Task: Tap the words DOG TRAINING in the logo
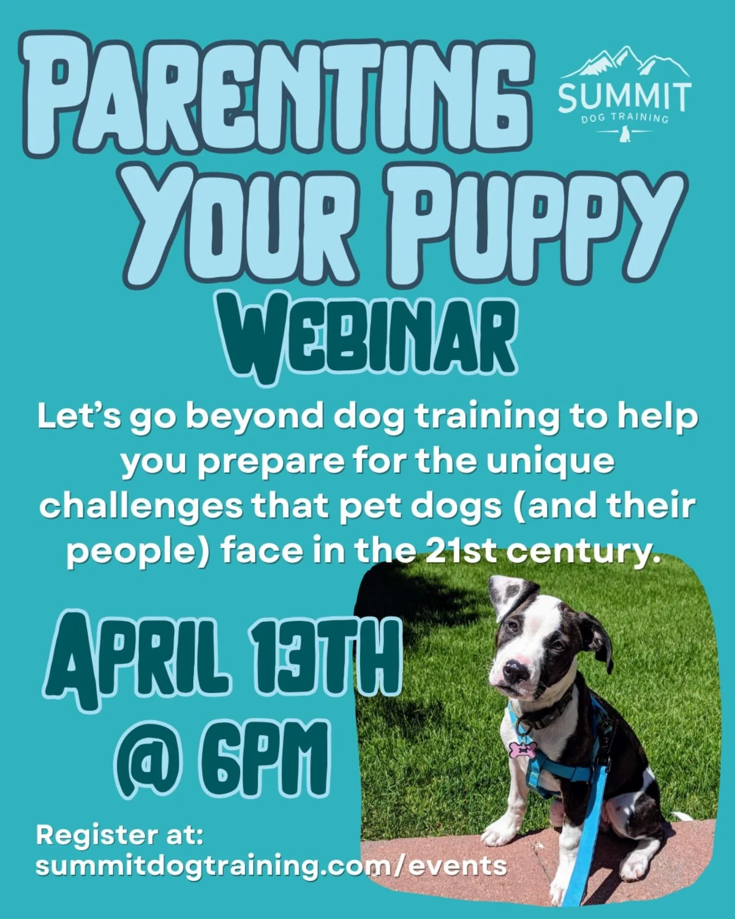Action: click(624, 118)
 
